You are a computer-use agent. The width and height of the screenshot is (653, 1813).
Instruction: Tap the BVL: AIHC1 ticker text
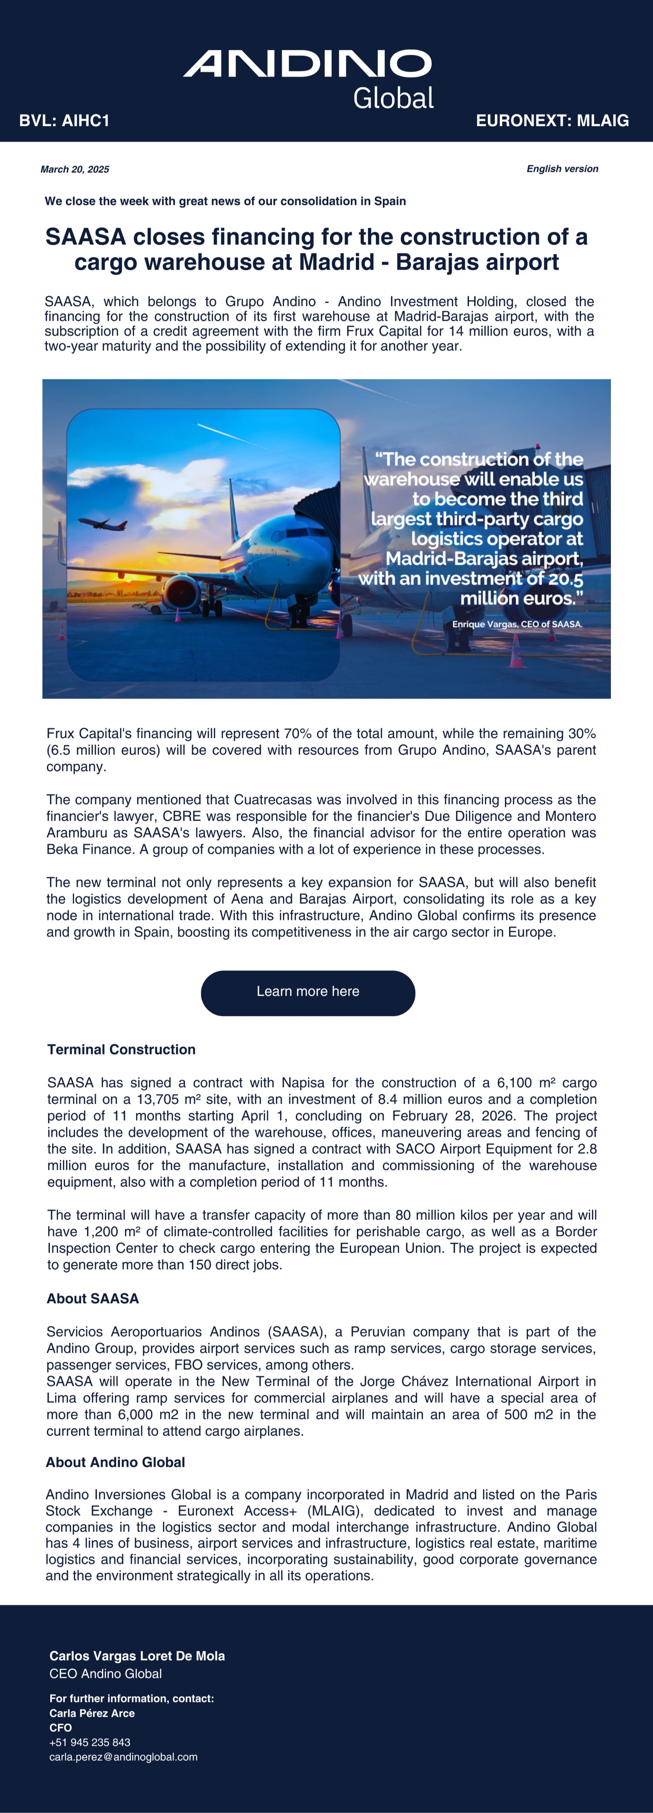click(64, 120)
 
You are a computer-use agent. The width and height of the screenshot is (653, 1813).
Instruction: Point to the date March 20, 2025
click(75, 169)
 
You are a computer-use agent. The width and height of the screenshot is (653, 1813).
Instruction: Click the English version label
click(562, 169)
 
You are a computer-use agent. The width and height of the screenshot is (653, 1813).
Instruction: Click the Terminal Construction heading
click(121, 1049)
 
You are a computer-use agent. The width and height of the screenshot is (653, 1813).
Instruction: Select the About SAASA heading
click(92, 1299)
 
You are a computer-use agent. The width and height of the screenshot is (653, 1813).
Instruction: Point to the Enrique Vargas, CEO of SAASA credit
click(517, 624)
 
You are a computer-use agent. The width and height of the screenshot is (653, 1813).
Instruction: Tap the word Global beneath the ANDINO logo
click(393, 99)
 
